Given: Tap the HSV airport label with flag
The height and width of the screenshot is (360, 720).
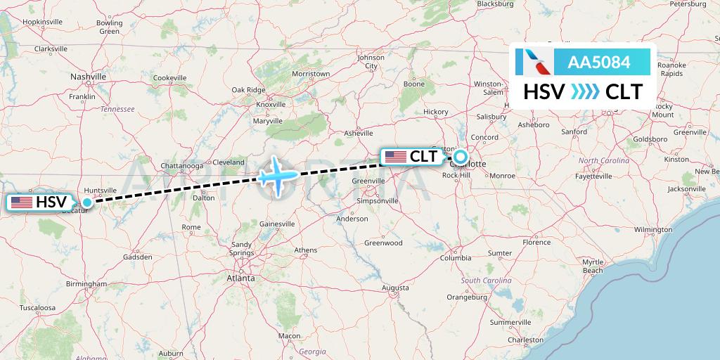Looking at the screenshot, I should point(40,202).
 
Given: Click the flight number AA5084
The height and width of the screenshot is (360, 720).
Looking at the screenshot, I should point(598,63).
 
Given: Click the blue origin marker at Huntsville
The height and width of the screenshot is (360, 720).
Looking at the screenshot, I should point(86,202).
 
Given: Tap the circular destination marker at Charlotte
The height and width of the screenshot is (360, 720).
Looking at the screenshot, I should point(460,156).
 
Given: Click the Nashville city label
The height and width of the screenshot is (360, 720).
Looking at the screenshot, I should point(89,76).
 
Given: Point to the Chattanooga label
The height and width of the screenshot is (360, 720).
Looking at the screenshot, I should point(181,165).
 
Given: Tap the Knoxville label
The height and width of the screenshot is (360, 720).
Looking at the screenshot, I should point(271,104).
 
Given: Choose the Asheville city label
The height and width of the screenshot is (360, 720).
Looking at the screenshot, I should point(358,133).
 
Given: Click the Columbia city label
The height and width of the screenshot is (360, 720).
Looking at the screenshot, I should point(455,258).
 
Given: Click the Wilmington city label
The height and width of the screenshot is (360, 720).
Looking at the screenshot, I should point(652,229).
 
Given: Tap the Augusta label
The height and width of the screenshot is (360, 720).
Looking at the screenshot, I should point(395,288).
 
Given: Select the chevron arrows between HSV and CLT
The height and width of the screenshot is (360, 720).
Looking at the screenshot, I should point(584,92).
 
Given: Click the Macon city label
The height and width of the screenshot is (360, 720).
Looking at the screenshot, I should point(289,336).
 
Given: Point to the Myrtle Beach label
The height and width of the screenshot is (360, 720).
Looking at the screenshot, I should point(593,266).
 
